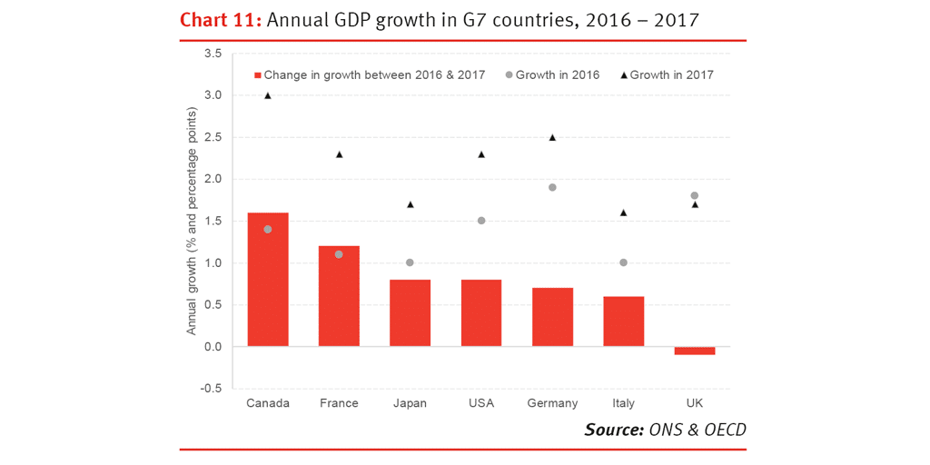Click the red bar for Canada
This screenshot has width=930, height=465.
(268, 280)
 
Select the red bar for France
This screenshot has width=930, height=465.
(339, 296)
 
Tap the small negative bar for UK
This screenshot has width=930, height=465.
(695, 351)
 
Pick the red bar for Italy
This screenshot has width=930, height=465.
(623, 322)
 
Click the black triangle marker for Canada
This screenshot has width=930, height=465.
(268, 94)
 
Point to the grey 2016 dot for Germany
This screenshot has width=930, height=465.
(552, 187)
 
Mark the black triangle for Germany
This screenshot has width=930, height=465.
(552, 137)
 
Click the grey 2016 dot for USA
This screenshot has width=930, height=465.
(481, 221)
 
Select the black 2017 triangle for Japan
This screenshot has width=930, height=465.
(410, 204)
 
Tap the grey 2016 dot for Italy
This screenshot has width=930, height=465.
(623, 262)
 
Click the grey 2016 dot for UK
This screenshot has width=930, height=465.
(695, 196)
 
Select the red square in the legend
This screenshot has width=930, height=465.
(257, 75)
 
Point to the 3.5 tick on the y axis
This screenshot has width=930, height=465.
(213, 54)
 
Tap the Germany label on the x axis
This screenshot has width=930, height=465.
(552, 403)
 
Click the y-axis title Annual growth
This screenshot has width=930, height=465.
(193, 222)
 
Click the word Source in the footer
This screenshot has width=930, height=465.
(613, 430)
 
